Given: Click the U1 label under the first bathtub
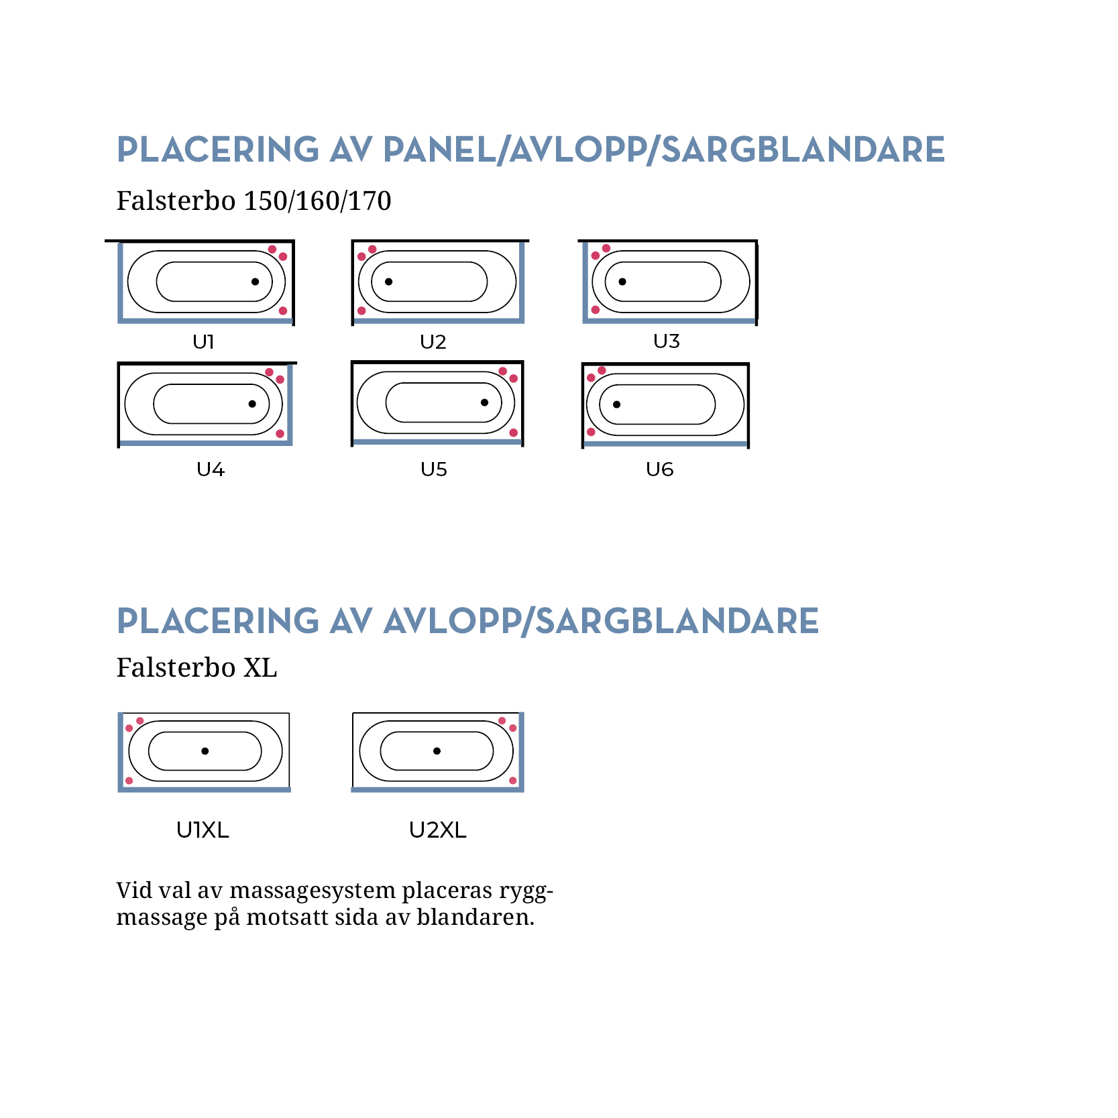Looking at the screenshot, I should (x=203, y=342).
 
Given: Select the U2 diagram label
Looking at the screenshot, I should (x=433, y=342).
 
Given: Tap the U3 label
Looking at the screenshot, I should (x=667, y=341).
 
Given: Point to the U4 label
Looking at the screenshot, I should (x=211, y=469).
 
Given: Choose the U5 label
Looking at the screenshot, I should (x=434, y=469).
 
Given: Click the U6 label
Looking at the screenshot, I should (x=659, y=469).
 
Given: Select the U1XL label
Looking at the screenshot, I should (x=203, y=830).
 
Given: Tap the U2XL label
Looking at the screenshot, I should (x=437, y=830).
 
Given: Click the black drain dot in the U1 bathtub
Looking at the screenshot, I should (x=255, y=282).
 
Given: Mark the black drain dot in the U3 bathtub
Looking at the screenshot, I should (x=622, y=282).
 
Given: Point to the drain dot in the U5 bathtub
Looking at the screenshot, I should (x=484, y=402).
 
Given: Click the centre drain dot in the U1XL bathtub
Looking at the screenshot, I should (x=205, y=751).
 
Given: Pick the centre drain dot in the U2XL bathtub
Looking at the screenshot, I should (x=437, y=751).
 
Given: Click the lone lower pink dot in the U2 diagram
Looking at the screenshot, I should (x=361, y=311).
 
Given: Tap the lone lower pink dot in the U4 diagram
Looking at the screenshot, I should (x=280, y=433).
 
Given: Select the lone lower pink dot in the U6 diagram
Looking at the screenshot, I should (x=591, y=432).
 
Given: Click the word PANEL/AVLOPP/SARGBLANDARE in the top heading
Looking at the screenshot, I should (x=663, y=150).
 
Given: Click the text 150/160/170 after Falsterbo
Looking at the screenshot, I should (x=317, y=201).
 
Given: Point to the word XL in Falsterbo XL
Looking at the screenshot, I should (x=260, y=668).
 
